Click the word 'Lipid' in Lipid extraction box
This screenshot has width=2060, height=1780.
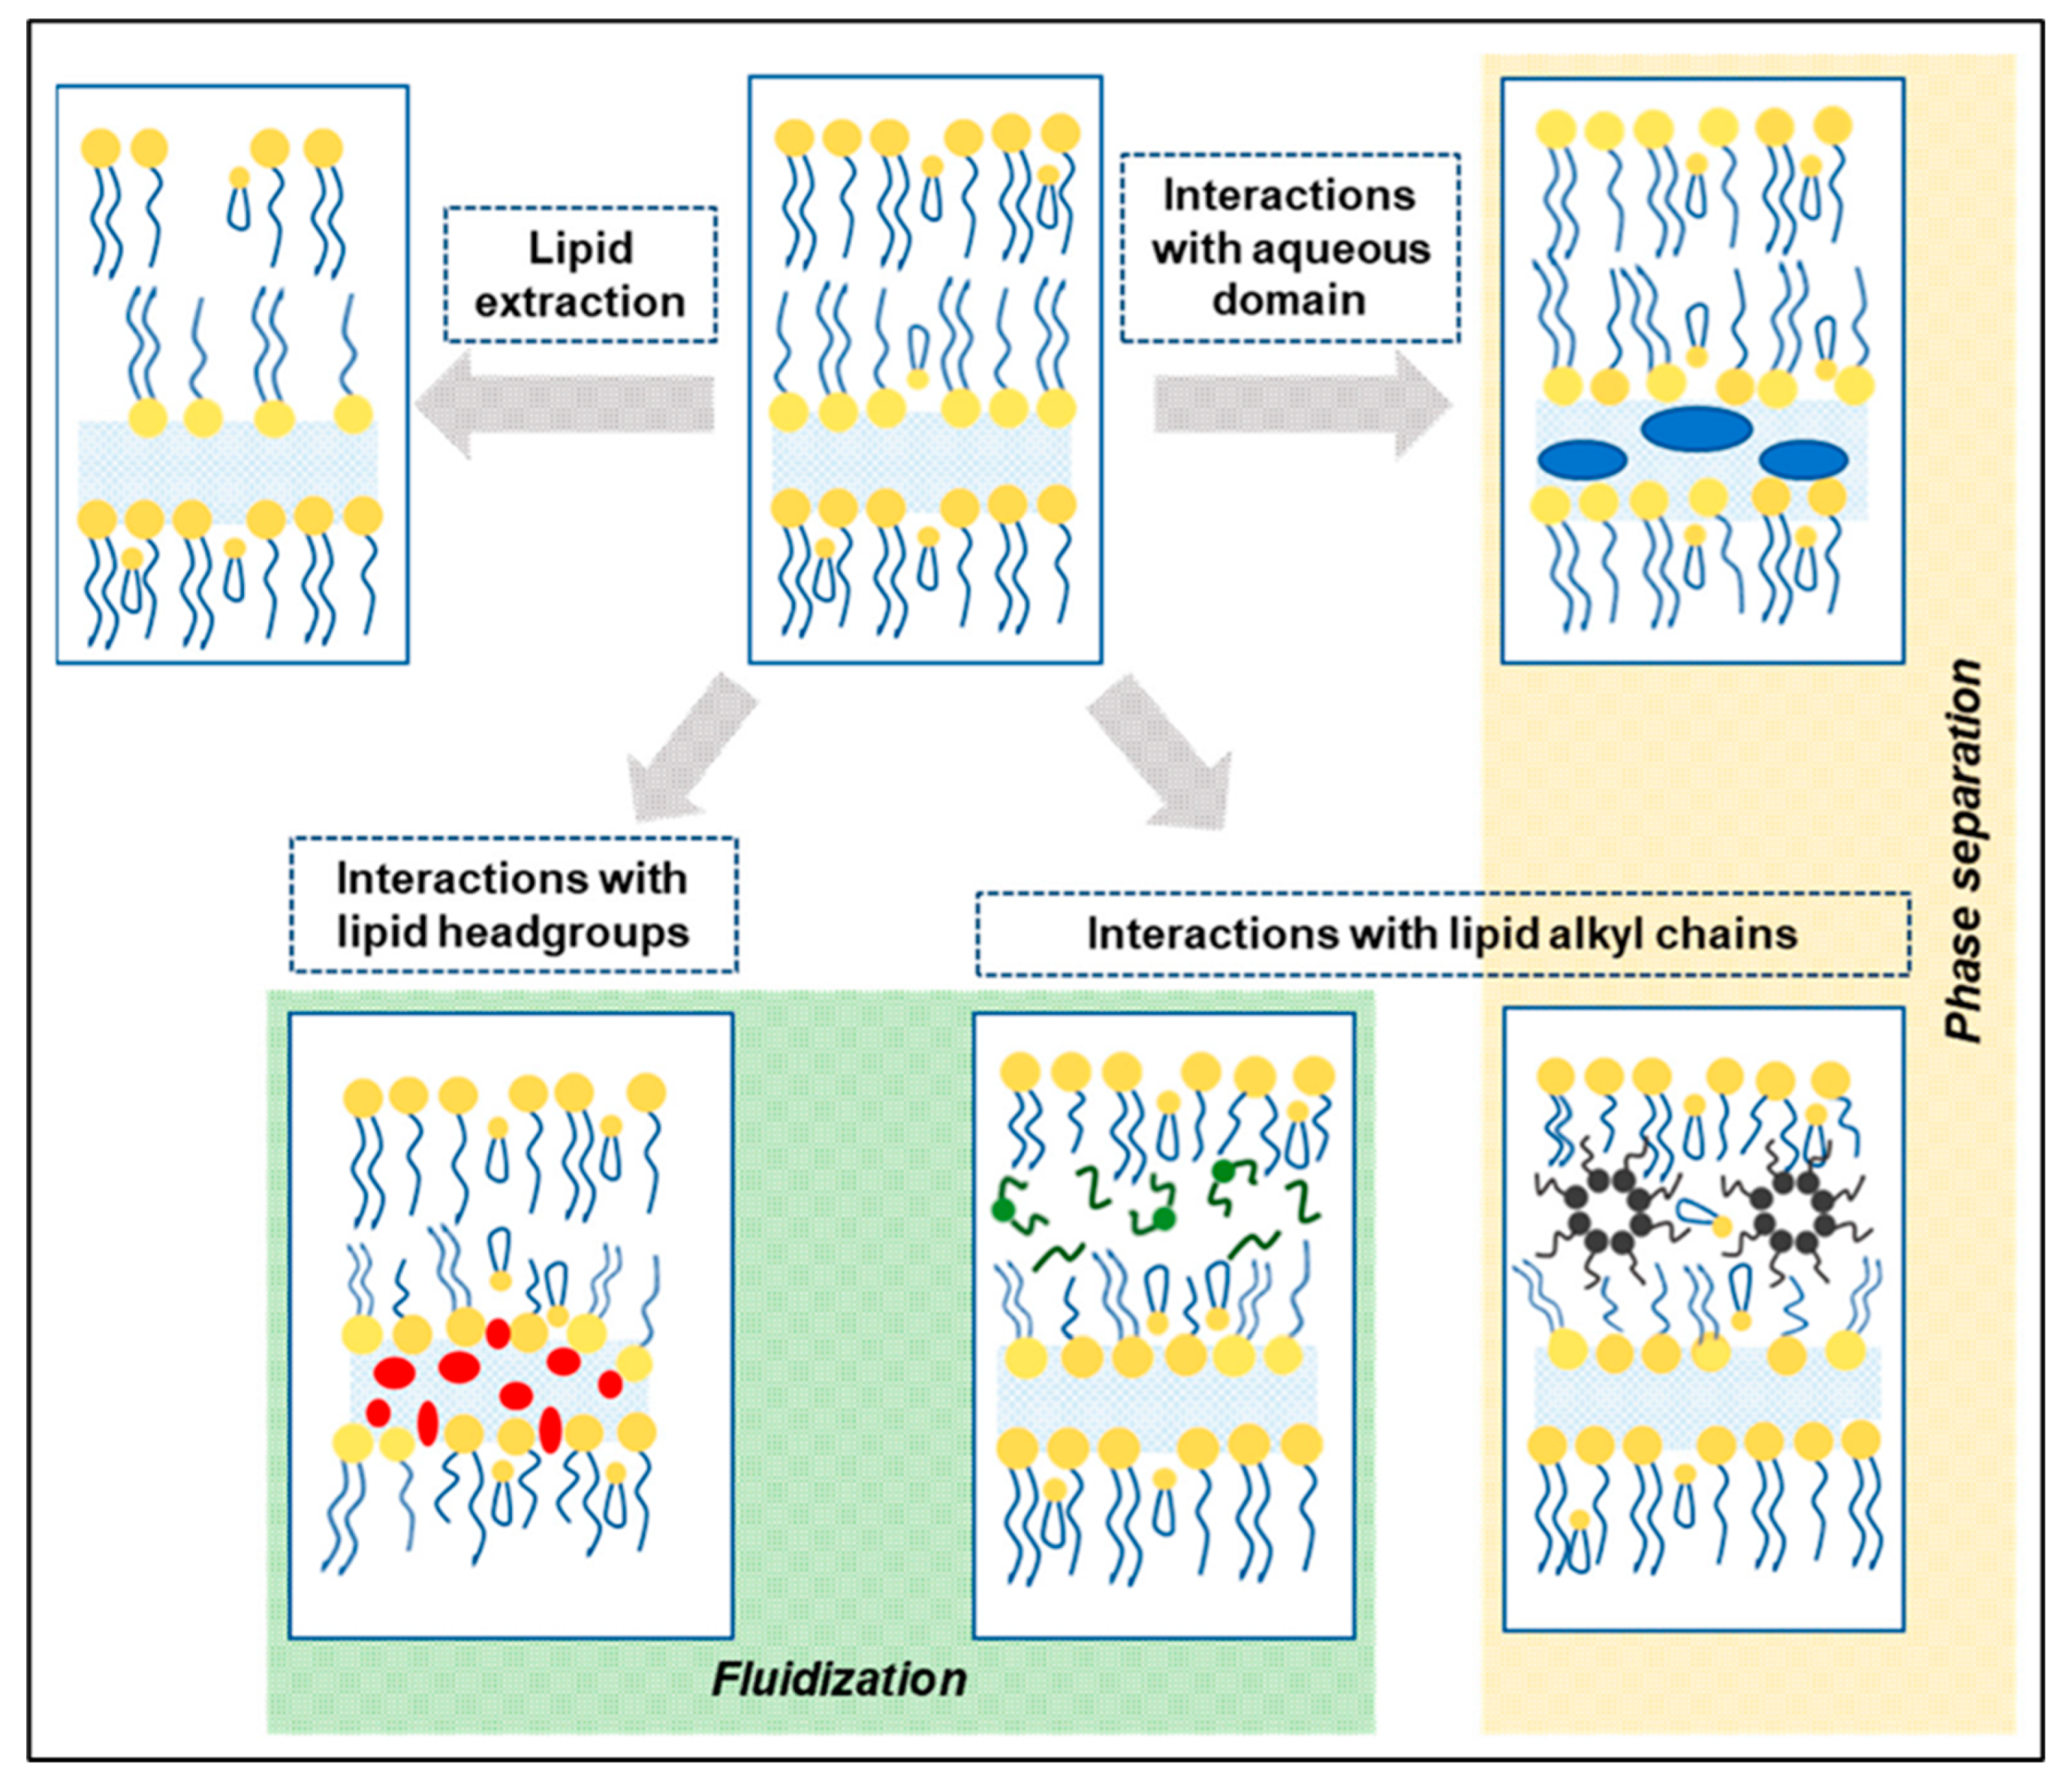tap(580, 249)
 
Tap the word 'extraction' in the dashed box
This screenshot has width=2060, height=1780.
tap(580, 301)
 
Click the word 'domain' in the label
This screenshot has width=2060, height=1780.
tap(1288, 299)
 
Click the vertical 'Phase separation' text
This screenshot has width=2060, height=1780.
tap(1964, 850)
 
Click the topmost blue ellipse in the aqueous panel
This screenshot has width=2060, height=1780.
tap(1696, 429)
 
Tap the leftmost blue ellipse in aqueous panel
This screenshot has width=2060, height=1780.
tap(1582, 460)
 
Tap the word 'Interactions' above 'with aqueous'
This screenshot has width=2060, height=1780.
tap(1288, 195)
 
